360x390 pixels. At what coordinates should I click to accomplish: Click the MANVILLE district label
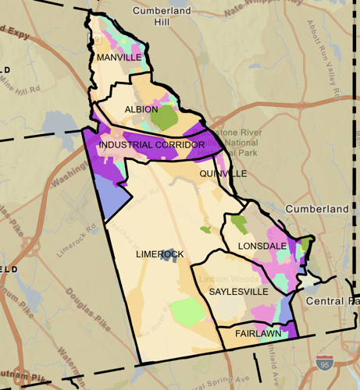click(x=118, y=57)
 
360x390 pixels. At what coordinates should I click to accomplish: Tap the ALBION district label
click(x=141, y=109)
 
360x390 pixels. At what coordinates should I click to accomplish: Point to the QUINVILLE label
click(x=222, y=174)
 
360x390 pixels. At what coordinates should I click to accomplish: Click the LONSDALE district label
click(x=262, y=246)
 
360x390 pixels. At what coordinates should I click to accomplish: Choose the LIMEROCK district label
click(x=159, y=254)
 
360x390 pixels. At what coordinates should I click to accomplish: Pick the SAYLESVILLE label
click(x=239, y=291)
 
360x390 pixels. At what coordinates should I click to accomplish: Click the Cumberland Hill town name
click(x=162, y=16)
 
